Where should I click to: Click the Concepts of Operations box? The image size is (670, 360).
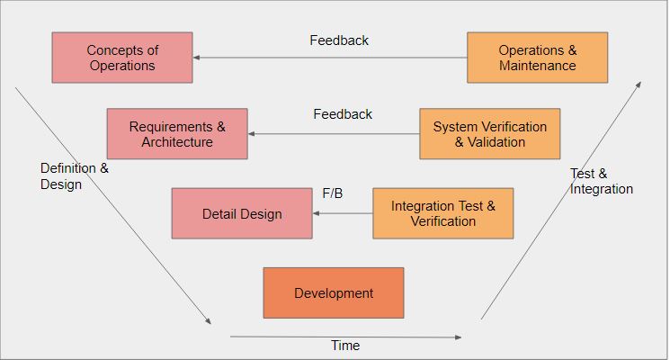point(121,58)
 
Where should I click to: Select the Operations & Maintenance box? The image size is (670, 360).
point(537,58)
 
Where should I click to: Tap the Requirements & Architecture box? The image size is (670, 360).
point(177,134)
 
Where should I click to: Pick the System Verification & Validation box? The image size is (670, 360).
point(489,134)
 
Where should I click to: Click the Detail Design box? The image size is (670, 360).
point(242,213)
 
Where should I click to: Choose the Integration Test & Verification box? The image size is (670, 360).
point(442,213)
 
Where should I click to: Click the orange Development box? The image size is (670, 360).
point(334,292)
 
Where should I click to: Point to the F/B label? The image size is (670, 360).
point(333,193)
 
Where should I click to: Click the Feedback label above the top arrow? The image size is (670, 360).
point(339,40)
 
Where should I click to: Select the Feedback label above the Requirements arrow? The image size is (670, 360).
point(343,114)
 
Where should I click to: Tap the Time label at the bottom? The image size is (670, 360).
point(345,346)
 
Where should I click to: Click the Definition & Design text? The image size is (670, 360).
point(75,176)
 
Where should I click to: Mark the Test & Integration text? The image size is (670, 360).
point(602,181)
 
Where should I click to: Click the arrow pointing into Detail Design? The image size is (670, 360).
point(343,213)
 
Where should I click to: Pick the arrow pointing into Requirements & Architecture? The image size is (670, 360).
point(334,134)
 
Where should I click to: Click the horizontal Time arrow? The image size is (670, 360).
point(345,337)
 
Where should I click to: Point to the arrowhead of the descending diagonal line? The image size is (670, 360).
point(208,321)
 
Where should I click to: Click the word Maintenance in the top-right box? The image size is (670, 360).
point(537,66)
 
